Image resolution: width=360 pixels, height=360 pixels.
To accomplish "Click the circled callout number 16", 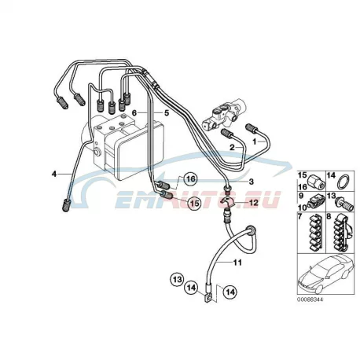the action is click(190, 179).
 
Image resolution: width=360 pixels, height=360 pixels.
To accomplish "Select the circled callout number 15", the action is click(194, 203).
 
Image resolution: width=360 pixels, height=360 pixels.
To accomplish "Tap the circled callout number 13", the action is click(178, 279).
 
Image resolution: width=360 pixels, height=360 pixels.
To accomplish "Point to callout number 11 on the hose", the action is click(237, 263).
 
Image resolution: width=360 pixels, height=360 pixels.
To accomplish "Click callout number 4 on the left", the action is click(54, 174).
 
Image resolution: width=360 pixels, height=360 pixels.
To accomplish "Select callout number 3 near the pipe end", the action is click(251, 182).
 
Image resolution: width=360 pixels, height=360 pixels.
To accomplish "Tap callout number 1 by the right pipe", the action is click(254, 141).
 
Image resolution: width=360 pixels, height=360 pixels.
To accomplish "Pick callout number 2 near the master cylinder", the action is click(232, 148).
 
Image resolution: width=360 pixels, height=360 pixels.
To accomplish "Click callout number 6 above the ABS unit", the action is click(134, 113).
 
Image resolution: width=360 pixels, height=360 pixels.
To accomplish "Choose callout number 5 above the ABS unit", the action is click(167, 113).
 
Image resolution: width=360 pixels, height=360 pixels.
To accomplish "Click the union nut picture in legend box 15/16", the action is click(317, 182).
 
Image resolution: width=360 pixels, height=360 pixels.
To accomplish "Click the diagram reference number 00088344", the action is click(310, 299).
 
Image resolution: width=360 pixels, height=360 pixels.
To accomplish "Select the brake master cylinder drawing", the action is click(224, 115).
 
